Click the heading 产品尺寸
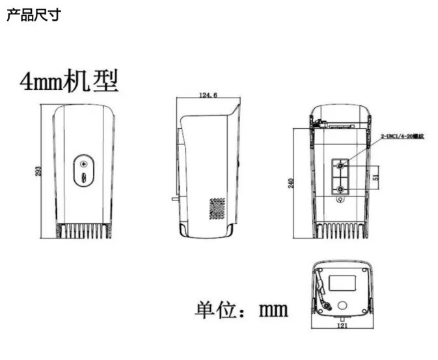tap(33, 14)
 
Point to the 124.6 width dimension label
tap(208, 96)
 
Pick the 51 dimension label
tap(376, 176)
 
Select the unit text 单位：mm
tap(241, 308)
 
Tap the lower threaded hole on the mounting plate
tap(342, 189)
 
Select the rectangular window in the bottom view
tap(342, 281)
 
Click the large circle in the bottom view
tap(342, 304)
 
